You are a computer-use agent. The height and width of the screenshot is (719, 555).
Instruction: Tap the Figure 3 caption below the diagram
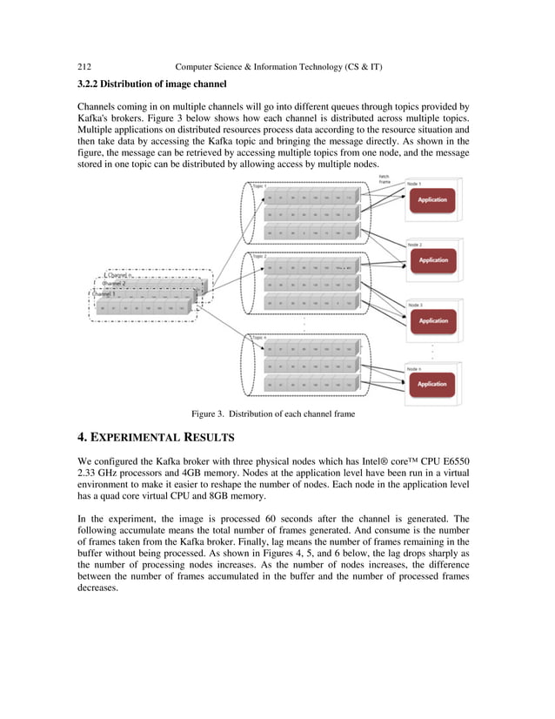(x=273, y=413)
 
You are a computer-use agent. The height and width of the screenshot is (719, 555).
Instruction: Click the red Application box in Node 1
(x=432, y=199)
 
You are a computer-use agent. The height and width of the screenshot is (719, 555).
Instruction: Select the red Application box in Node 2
(x=432, y=259)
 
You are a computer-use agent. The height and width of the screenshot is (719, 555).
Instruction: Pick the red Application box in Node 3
(x=432, y=320)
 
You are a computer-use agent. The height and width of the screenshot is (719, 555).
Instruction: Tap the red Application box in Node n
(x=432, y=383)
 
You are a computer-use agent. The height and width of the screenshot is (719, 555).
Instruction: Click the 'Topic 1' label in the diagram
(x=260, y=185)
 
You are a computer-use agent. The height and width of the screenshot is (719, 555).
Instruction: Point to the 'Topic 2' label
(x=260, y=256)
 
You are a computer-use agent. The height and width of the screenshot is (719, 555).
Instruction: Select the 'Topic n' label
(x=260, y=337)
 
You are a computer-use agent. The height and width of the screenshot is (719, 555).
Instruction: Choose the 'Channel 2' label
(x=114, y=284)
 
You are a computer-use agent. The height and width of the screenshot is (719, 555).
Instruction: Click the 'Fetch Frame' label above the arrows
(x=384, y=178)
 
